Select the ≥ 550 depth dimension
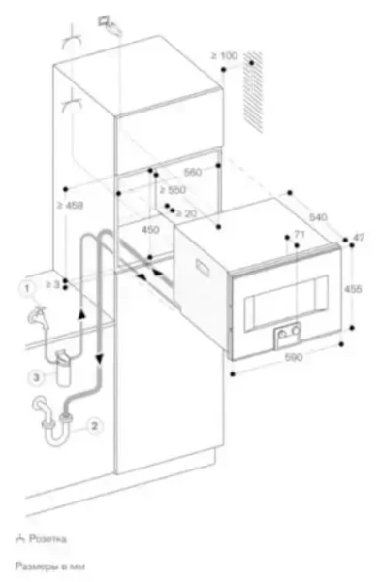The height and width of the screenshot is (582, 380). pyautogui.click(x=174, y=191)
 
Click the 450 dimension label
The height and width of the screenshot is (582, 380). pyautogui.click(x=150, y=231)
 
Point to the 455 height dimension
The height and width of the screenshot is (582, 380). pyautogui.click(x=356, y=288)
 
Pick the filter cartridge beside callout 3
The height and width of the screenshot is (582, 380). pyautogui.click(x=65, y=370)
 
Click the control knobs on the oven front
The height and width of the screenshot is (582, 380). pyautogui.click(x=285, y=337)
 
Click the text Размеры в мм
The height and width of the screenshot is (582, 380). pyautogui.click(x=41, y=562)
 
